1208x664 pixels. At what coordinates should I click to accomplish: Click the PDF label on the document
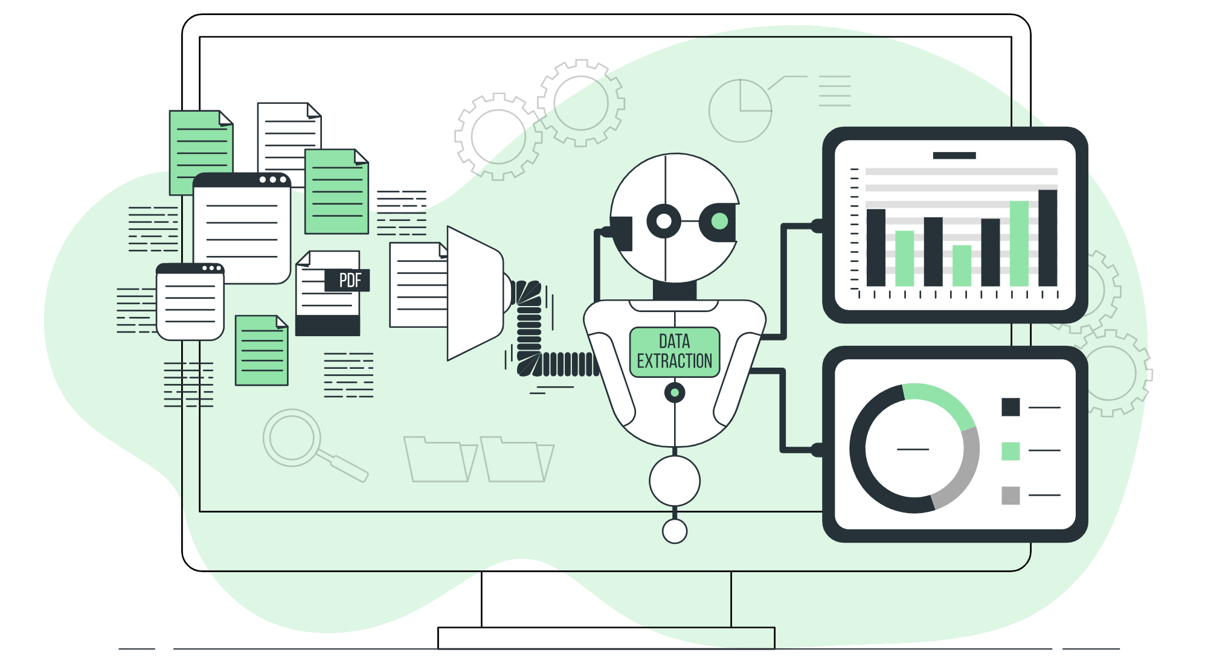tap(347, 280)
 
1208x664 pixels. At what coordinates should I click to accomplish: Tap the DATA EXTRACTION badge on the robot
tap(675, 352)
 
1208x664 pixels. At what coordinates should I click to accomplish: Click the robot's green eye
tap(719, 222)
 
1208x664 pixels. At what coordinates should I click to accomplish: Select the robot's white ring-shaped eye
tap(664, 222)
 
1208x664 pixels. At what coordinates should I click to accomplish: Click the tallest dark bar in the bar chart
tap(1048, 238)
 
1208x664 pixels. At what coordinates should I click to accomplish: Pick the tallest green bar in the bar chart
tap(1019, 243)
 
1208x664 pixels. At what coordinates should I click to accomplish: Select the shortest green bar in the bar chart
tap(962, 266)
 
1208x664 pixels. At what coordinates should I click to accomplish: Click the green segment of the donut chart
tap(942, 400)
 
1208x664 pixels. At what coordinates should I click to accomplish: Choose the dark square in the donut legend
tap(1010, 407)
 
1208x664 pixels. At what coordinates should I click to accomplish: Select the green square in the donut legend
tap(1010, 451)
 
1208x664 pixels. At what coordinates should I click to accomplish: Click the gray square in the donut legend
tap(1010, 496)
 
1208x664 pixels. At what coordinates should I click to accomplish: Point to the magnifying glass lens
tap(292, 438)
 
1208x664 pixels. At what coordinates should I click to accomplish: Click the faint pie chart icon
tap(740, 110)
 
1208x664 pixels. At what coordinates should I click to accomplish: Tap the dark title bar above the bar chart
tap(954, 156)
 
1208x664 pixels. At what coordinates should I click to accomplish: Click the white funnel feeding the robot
tap(475, 293)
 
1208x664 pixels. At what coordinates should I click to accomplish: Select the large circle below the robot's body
tap(675, 481)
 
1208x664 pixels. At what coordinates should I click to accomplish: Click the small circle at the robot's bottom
tap(675, 531)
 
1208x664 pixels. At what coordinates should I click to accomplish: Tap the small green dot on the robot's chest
tap(675, 393)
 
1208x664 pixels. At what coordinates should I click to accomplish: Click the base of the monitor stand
tap(606, 638)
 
